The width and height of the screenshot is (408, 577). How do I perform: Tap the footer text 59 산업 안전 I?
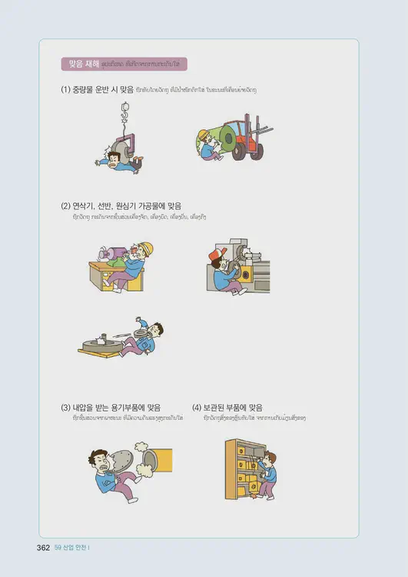coord(72,548)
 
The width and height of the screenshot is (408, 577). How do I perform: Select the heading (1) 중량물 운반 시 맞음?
coord(96,90)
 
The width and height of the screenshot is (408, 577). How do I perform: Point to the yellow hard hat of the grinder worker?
coord(146,248)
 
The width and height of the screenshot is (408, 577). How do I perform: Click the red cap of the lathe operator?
coord(217,253)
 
